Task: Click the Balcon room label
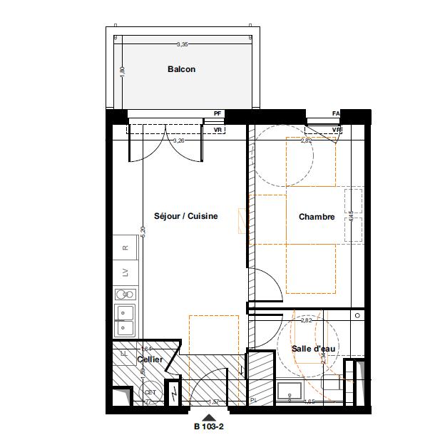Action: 181,69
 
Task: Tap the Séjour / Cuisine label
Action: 186,216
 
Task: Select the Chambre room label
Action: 317,217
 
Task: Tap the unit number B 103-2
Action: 210,427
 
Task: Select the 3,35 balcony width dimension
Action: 183,44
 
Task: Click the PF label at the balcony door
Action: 217,113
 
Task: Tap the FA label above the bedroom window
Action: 336,113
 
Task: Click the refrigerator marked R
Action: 126,248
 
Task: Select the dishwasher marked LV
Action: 126,272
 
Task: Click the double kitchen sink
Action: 125,320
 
